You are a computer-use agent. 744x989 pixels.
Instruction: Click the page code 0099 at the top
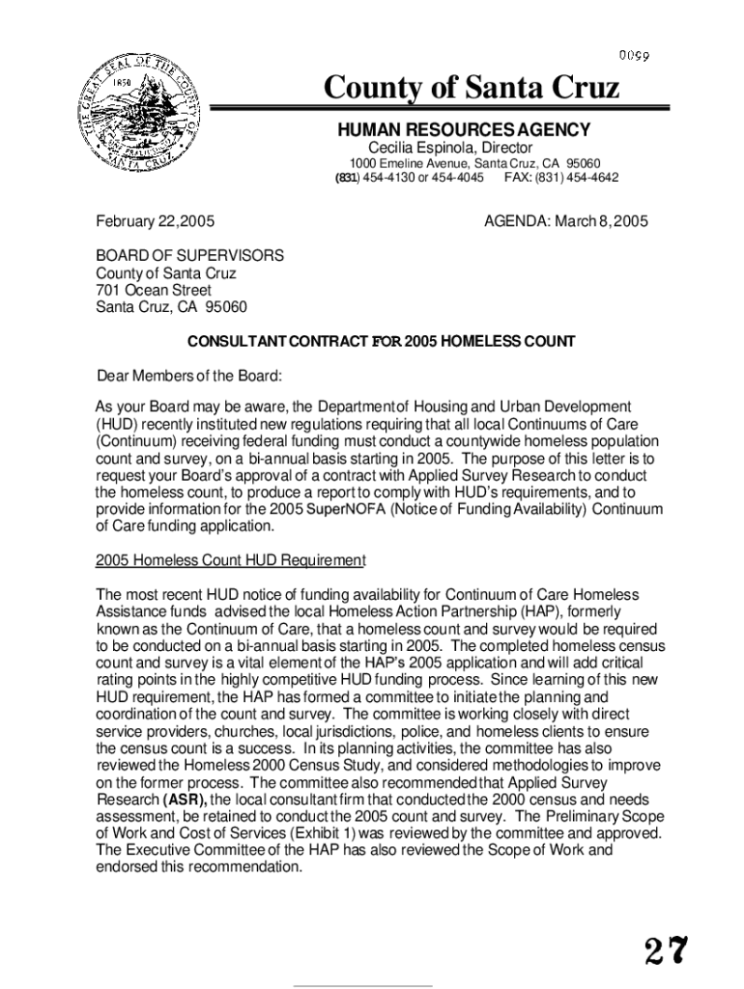tap(634, 55)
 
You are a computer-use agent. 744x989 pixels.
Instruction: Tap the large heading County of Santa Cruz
tap(471, 89)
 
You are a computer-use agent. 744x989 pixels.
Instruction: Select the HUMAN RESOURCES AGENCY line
tap(463, 130)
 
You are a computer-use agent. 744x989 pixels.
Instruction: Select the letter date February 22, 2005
tap(155, 221)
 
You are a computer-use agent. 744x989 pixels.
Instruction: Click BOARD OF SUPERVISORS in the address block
tap(189, 256)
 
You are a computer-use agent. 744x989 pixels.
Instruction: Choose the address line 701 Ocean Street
tap(154, 291)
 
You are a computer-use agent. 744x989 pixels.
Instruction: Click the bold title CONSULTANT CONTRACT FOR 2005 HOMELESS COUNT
tap(381, 341)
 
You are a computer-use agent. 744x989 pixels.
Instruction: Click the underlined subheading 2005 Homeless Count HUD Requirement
tap(230, 560)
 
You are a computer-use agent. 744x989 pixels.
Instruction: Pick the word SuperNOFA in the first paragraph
tap(346, 509)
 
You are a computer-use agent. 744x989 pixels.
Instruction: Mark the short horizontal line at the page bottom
tap(362, 986)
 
